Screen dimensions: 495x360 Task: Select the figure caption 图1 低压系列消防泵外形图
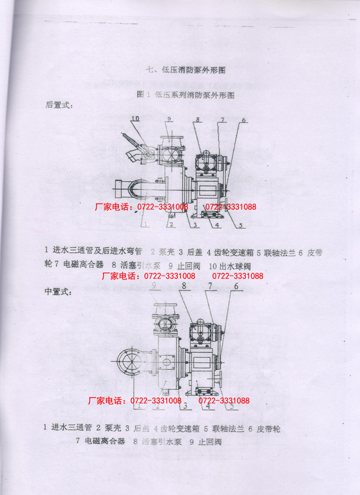(185, 95)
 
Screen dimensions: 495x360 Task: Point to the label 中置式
(59, 291)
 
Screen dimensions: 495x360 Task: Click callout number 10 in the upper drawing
(135, 118)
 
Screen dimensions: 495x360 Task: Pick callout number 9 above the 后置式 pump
(169, 119)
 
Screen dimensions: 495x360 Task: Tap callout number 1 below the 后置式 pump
(144, 224)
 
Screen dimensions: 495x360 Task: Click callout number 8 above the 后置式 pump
(197, 119)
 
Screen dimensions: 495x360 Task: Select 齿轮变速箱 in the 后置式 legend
(232, 252)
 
